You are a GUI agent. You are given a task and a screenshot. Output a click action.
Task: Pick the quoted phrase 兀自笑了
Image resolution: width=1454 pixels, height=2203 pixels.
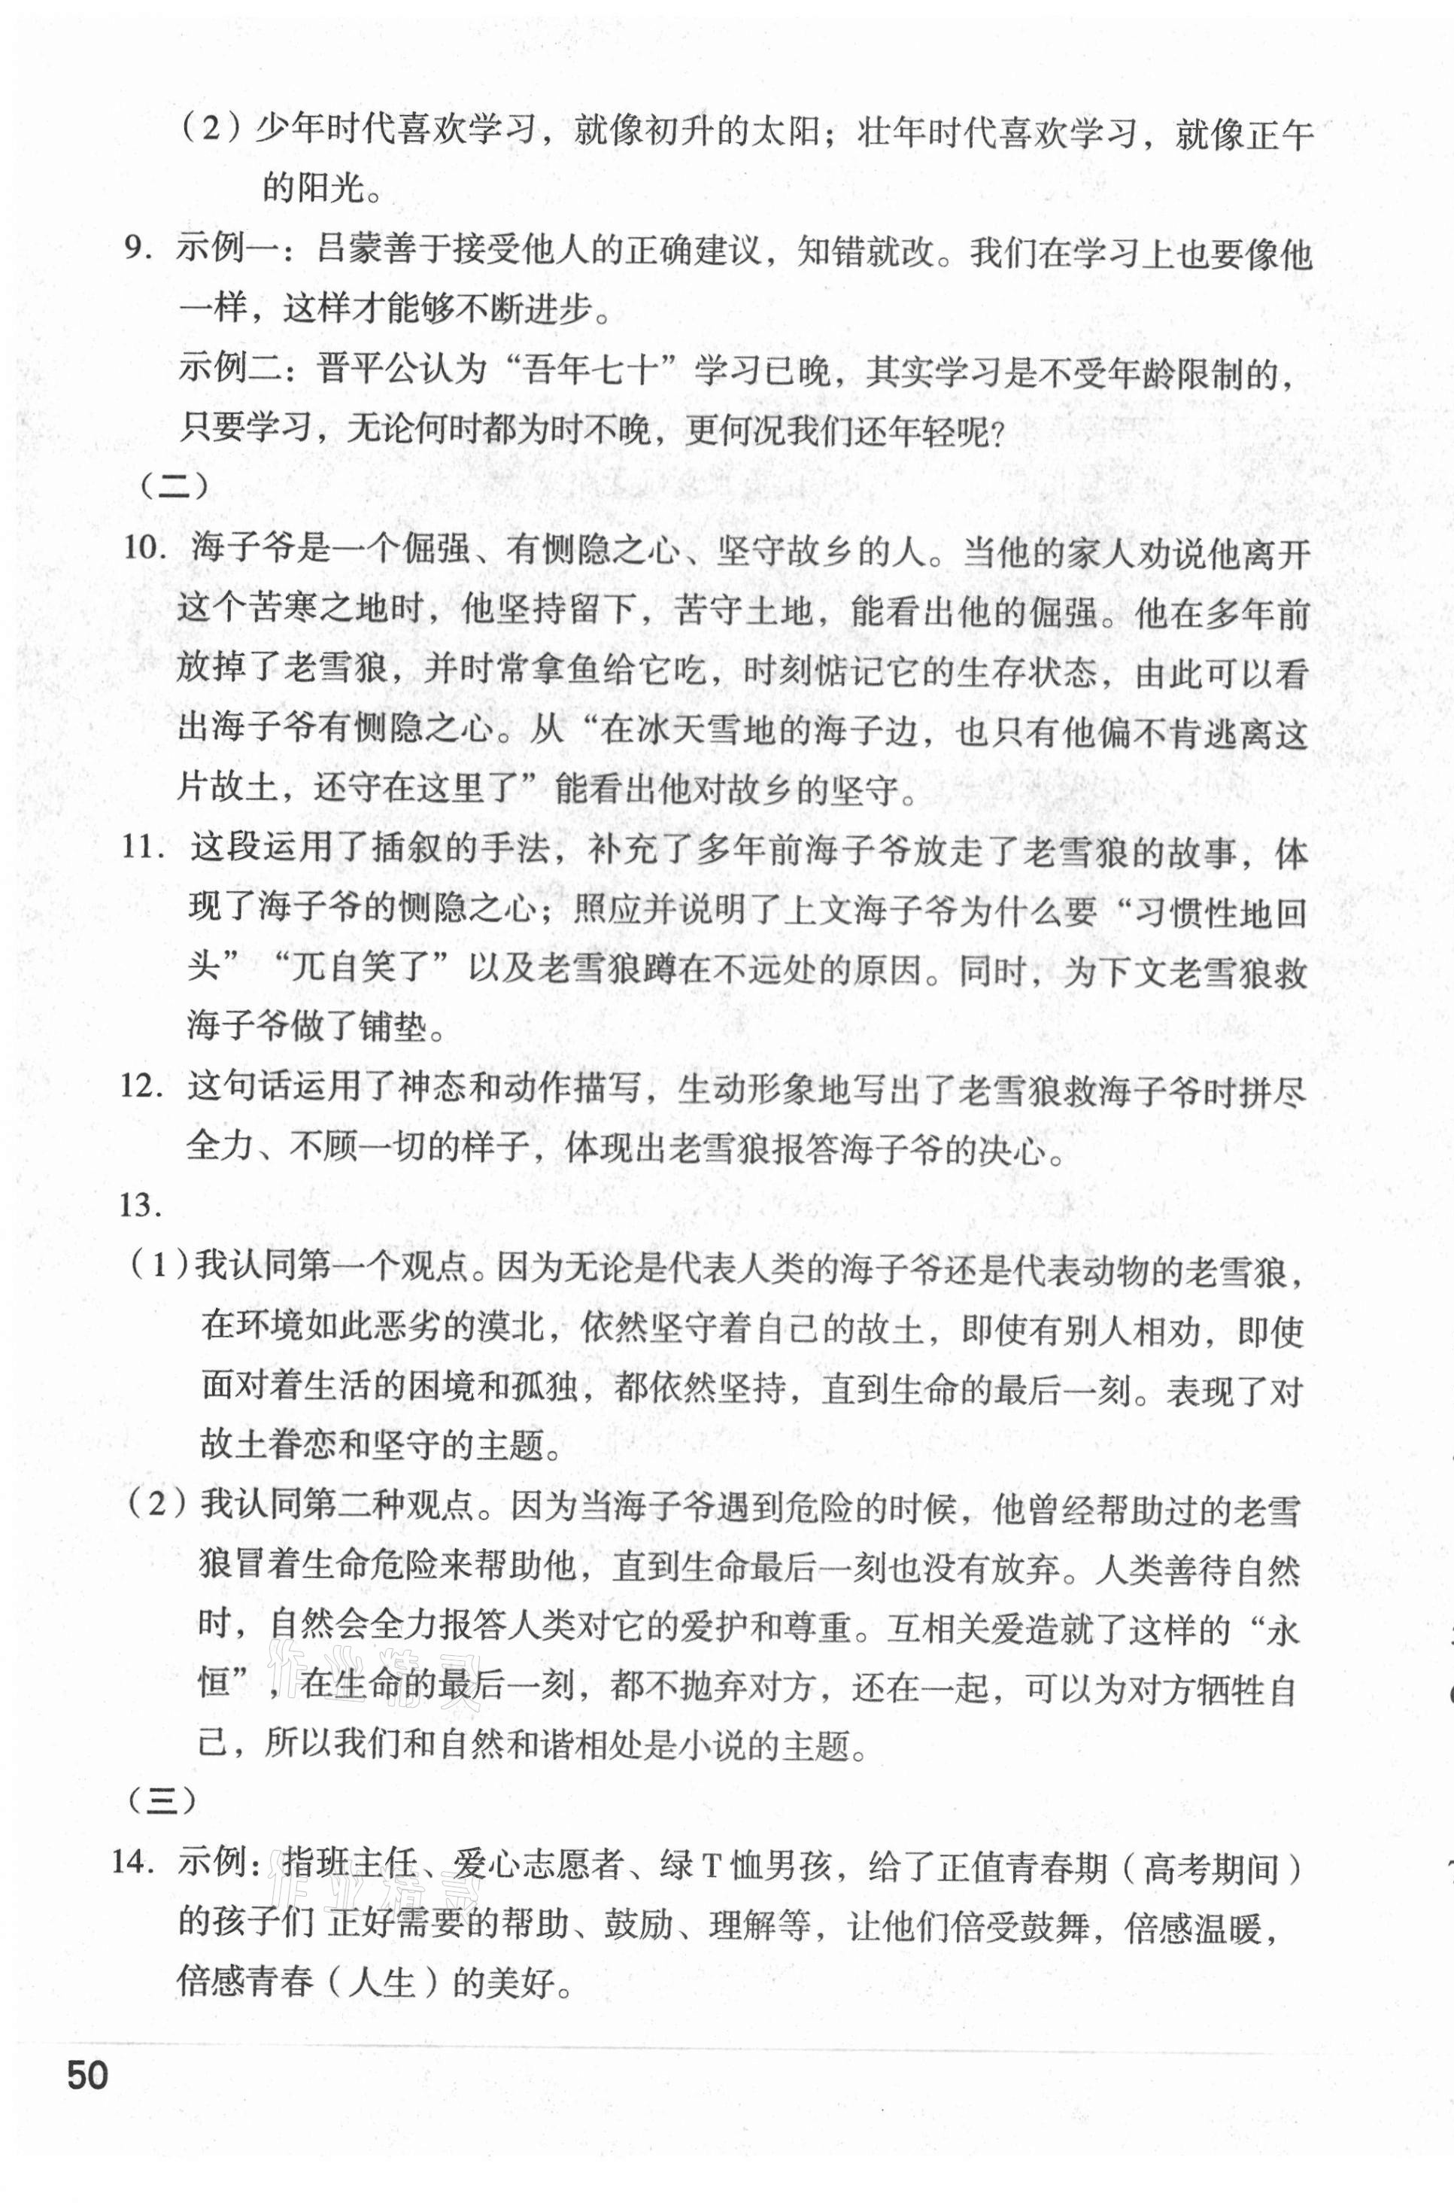point(357,969)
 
